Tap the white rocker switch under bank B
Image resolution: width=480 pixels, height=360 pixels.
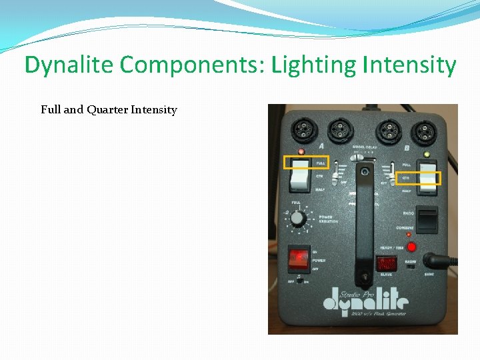pyautogui.click(x=427, y=176)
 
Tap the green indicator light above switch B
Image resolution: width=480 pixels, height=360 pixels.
pyautogui.click(x=426, y=154)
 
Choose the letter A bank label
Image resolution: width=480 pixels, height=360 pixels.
pyautogui.click(x=321, y=146)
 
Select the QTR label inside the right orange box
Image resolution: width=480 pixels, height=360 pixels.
pyautogui.click(x=405, y=178)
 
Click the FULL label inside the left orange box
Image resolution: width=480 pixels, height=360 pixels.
pyautogui.click(x=321, y=163)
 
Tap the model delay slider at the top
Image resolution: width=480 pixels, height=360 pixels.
pyautogui.click(x=359, y=157)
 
